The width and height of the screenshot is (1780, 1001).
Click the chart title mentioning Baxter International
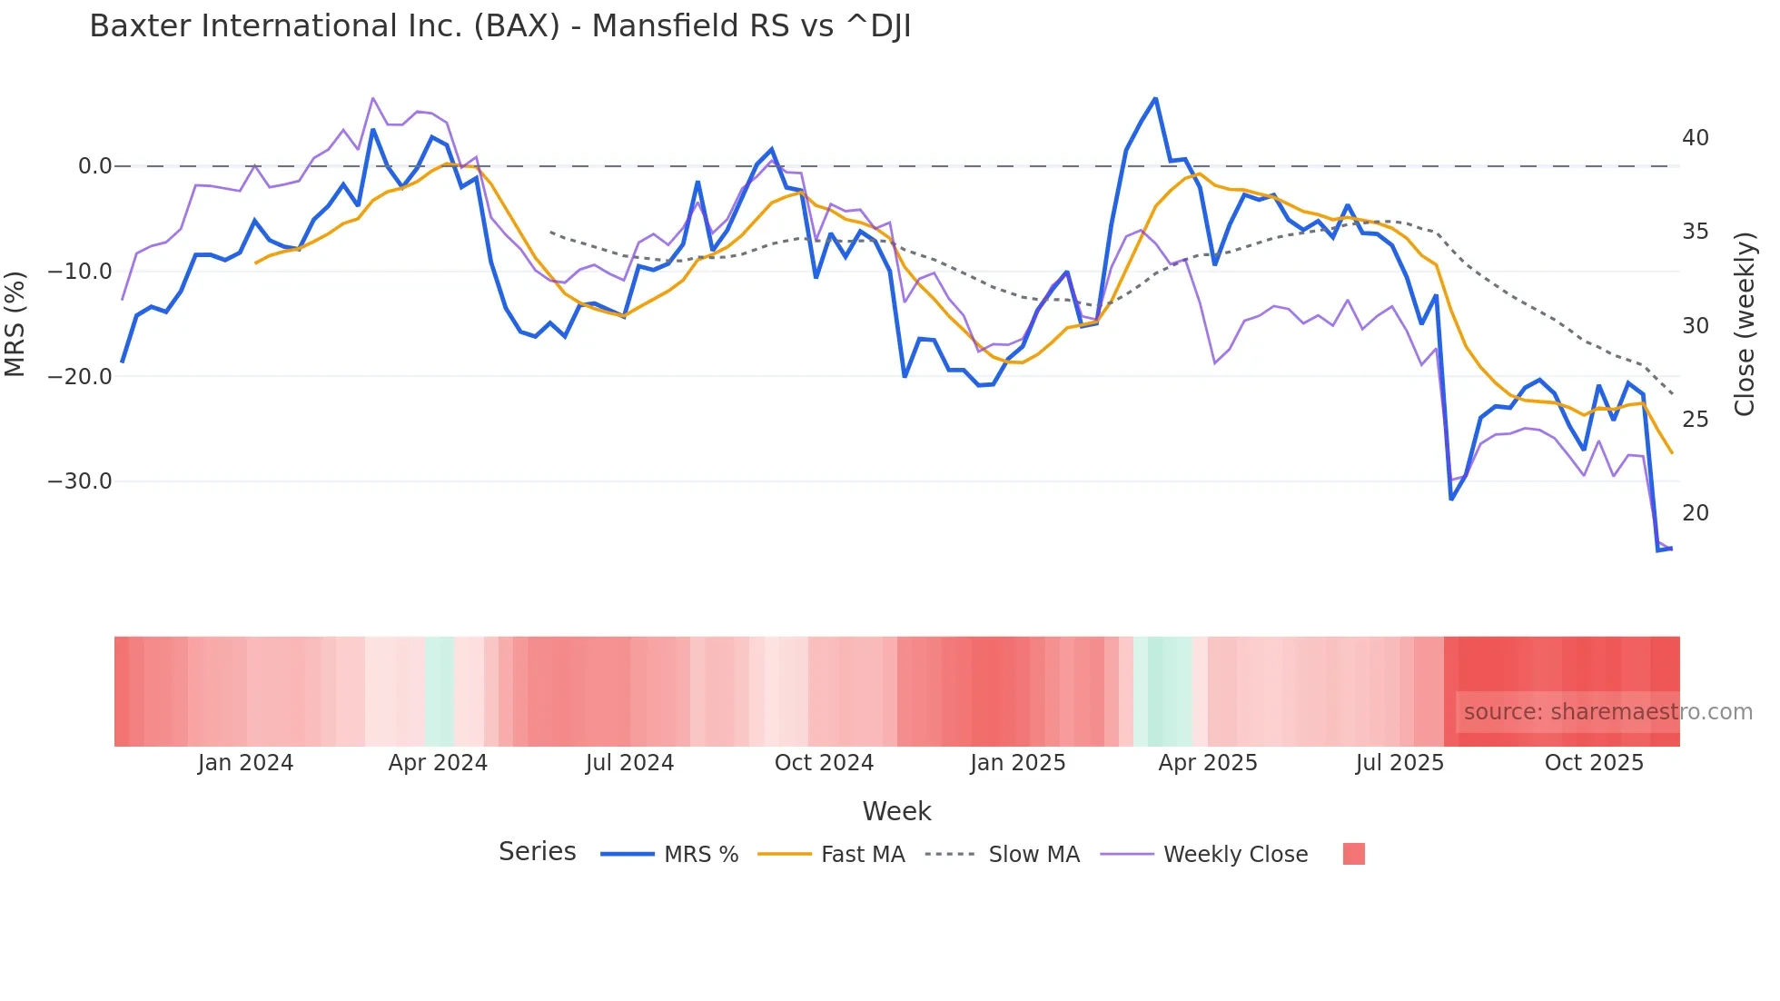(x=499, y=26)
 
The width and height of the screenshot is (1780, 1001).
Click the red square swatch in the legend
(x=1353, y=854)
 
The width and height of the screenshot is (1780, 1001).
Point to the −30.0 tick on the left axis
(x=80, y=481)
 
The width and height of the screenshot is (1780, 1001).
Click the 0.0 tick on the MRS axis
(x=94, y=166)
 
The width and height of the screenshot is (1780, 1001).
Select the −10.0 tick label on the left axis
(x=80, y=272)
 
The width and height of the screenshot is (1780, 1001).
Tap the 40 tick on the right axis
(x=1695, y=138)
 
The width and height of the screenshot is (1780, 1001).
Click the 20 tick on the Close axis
(x=1695, y=513)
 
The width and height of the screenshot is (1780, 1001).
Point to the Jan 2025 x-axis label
(x=1017, y=763)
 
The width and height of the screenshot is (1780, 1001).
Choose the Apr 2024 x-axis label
(x=438, y=763)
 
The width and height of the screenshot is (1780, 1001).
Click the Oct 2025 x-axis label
(x=1594, y=763)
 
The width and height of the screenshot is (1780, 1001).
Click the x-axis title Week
(x=896, y=811)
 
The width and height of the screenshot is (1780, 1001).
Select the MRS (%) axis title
(x=15, y=323)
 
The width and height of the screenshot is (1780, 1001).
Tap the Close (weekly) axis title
(x=1744, y=323)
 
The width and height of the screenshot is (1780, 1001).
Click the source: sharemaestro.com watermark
(x=1607, y=712)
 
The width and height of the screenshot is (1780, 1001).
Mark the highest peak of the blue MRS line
(x=1155, y=98)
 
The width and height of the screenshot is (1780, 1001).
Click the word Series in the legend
(x=537, y=852)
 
